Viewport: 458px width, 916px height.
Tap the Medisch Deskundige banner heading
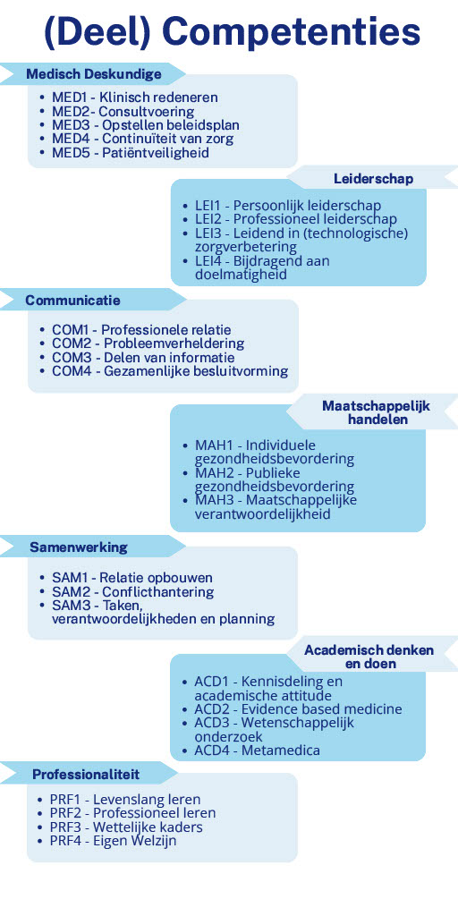pyautogui.click(x=93, y=74)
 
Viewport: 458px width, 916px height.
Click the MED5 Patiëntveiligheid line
pyautogui.click(x=131, y=153)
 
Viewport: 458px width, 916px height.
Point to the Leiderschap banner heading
pyautogui.click(x=373, y=178)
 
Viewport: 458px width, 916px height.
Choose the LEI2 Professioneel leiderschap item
pyautogui.click(x=296, y=219)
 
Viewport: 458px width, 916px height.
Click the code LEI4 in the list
pyautogui.click(x=208, y=261)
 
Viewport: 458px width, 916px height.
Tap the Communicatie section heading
pyautogui.click(x=72, y=301)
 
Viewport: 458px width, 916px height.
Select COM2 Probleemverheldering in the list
pyautogui.click(x=148, y=343)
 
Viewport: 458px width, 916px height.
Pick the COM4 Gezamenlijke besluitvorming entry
pyautogui.click(x=170, y=371)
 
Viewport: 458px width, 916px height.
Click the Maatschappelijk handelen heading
pyautogui.click(x=377, y=412)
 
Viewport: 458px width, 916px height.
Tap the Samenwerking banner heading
pyautogui.click(x=79, y=547)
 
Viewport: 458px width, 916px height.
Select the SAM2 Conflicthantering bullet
pyautogui.click(x=132, y=592)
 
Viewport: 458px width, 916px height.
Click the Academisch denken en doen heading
pyautogui.click(x=369, y=657)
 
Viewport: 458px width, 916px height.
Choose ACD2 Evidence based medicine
pyautogui.click(x=298, y=709)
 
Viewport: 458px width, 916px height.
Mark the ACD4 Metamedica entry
pyautogui.click(x=257, y=751)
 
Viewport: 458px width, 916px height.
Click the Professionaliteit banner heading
pyautogui.click(x=86, y=775)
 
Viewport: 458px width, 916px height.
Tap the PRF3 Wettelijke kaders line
pyautogui.click(x=126, y=827)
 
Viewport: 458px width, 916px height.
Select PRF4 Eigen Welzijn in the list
pyautogui.click(x=113, y=841)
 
